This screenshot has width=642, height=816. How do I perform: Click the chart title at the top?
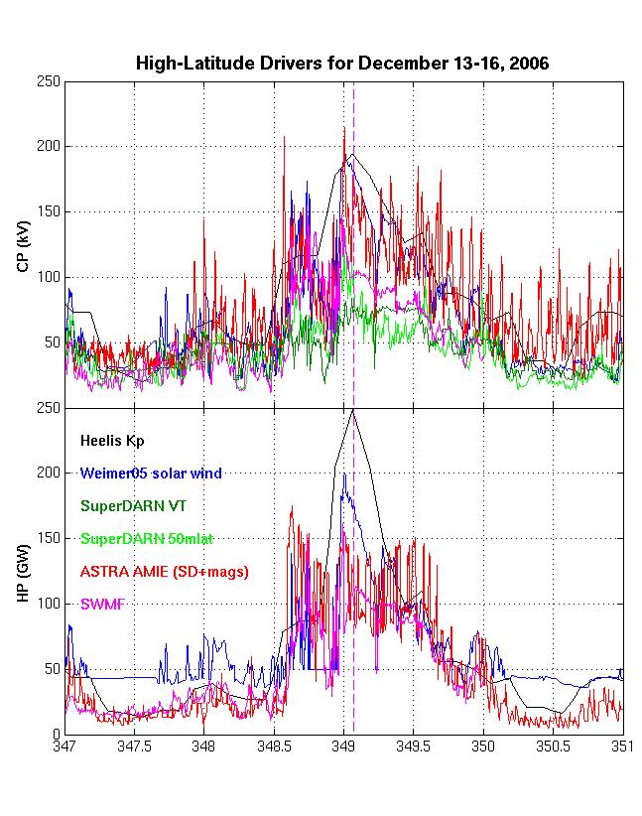(x=342, y=64)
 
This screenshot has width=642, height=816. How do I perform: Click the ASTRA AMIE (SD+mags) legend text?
(x=164, y=572)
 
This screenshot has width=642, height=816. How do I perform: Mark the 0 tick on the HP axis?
(x=56, y=734)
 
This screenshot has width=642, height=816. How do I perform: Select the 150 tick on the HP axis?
(x=48, y=538)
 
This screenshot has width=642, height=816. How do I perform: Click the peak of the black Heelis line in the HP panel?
(x=352, y=410)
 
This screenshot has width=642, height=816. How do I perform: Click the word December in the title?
(x=399, y=64)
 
